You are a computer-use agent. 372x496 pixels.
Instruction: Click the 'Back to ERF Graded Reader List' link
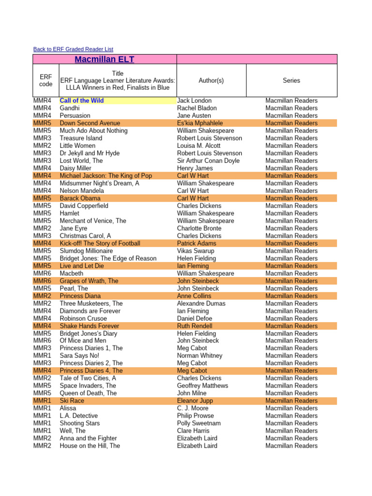[x=73, y=49]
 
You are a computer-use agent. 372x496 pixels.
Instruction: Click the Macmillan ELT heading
[x=104, y=60]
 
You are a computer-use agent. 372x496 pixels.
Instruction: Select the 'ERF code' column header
[x=46, y=80]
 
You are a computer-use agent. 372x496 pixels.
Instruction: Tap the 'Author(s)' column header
[x=211, y=80]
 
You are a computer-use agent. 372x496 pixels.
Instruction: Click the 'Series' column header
[x=291, y=80]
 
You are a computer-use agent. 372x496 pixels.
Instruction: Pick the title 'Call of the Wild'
[x=81, y=101]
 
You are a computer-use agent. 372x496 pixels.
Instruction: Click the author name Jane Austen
[x=194, y=116]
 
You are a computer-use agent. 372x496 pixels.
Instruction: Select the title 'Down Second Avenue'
[x=90, y=123]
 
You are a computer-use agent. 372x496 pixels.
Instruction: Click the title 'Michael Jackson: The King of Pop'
[x=106, y=176]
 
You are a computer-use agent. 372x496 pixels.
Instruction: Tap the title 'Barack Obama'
[x=80, y=198]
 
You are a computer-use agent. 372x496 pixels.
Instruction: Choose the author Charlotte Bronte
[x=199, y=228]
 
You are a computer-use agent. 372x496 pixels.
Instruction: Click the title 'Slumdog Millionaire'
[x=86, y=251]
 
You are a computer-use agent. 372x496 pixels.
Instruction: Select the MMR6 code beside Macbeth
[x=42, y=273]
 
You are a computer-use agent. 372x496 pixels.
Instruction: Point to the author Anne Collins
[x=194, y=296]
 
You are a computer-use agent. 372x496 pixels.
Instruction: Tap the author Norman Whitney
[x=200, y=356]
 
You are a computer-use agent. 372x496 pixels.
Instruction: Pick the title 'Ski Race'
[x=72, y=401]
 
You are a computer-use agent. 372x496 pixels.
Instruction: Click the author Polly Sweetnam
[x=199, y=423]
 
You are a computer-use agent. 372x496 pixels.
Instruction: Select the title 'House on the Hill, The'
[x=90, y=446]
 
